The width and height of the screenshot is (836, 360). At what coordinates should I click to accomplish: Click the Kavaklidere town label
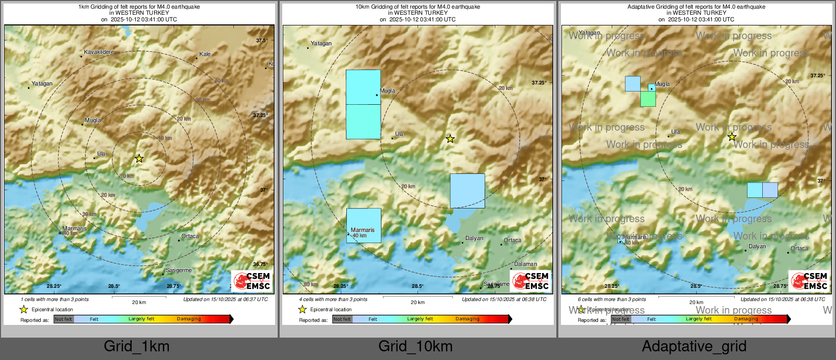pyautogui.click(x=99, y=52)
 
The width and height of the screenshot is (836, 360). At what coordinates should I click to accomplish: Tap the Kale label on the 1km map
pyautogui.click(x=205, y=54)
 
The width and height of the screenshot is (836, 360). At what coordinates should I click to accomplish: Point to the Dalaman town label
pyautogui.click(x=525, y=264)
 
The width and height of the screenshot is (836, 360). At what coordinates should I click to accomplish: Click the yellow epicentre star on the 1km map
pyautogui.click(x=139, y=159)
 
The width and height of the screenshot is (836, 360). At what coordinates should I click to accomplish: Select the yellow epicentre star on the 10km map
pyautogui.click(x=450, y=139)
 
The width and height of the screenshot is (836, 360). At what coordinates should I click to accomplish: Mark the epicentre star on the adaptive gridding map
pyautogui.click(x=732, y=137)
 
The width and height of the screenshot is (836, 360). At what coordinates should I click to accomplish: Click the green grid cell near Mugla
pyautogui.click(x=648, y=99)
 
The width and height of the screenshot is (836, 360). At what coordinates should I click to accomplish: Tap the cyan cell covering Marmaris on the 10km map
pyautogui.click(x=364, y=225)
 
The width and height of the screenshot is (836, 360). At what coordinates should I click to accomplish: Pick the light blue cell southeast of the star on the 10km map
pyautogui.click(x=467, y=191)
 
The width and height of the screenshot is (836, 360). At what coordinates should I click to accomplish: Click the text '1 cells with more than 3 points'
pyautogui.click(x=55, y=299)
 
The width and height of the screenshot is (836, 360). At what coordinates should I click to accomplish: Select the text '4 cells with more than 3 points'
pyautogui.click(x=334, y=299)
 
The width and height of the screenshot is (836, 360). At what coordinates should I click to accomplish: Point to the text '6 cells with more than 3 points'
pyautogui.click(x=612, y=299)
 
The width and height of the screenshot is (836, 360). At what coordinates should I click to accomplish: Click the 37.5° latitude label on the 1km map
pyautogui.click(x=261, y=41)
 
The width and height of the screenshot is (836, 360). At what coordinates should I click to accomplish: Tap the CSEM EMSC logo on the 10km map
pyautogui.click(x=531, y=281)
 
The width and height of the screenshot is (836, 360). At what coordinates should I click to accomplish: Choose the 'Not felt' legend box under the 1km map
pyautogui.click(x=64, y=319)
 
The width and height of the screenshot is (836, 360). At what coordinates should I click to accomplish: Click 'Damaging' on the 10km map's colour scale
pyautogui.click(x=467, y=319)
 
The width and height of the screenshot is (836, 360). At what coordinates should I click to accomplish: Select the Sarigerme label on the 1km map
pyautogui.click(x=178, y=270)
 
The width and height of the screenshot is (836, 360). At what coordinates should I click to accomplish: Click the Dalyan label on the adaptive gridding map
pyautogui.click(x=757, y=246)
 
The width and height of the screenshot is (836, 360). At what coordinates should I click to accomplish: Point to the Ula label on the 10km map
pyautogui.click(x=399, y=134)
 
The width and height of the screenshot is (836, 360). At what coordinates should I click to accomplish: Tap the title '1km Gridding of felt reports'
pyautogui.click(x=139, y=7)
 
